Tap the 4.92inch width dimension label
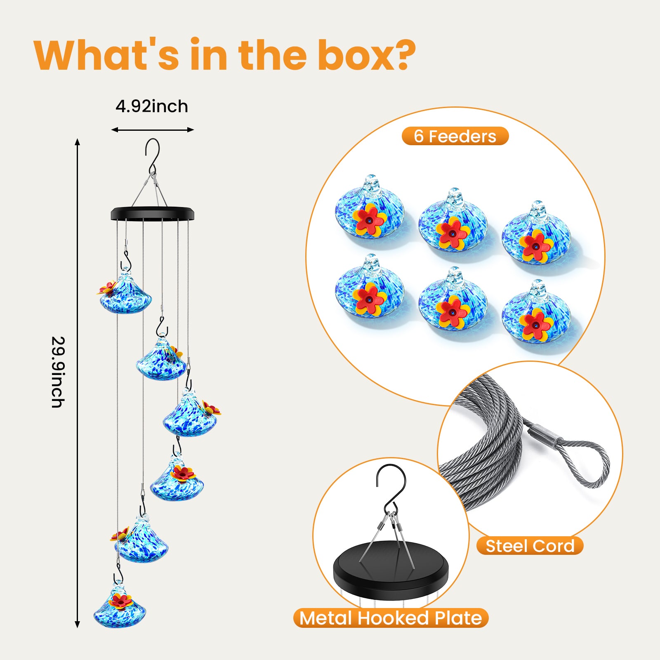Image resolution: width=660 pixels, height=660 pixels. click(152, 106)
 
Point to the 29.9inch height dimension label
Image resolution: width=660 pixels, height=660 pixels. click(58, 372)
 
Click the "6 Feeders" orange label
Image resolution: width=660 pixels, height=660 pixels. click(455, 136)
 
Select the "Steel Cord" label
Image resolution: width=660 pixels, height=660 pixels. click(530, 546)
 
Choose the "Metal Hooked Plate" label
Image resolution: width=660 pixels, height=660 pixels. click(391, 618)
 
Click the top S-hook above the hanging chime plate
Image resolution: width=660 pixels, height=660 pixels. click(153, 155)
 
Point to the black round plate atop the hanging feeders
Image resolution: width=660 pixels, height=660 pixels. click(152, 213)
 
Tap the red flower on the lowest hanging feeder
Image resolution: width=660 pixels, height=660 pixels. click(121, 601)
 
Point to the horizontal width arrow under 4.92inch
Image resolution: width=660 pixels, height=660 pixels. click(152, 130)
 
